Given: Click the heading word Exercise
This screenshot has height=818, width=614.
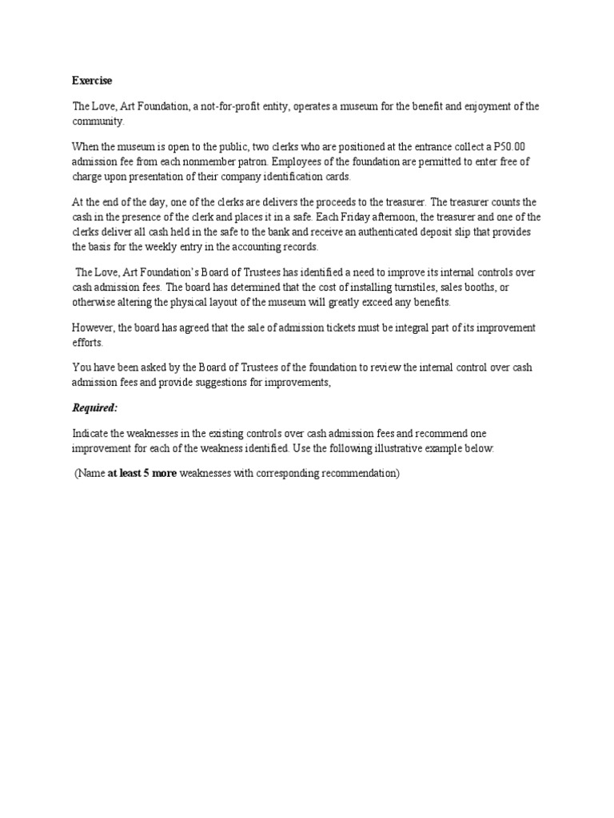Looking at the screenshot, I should pos(92,81).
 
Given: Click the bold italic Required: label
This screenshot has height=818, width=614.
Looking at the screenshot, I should pos(94,408).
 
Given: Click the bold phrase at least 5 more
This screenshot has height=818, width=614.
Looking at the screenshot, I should pos(142,474).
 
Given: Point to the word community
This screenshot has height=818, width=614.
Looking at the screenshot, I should pos(98,121).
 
